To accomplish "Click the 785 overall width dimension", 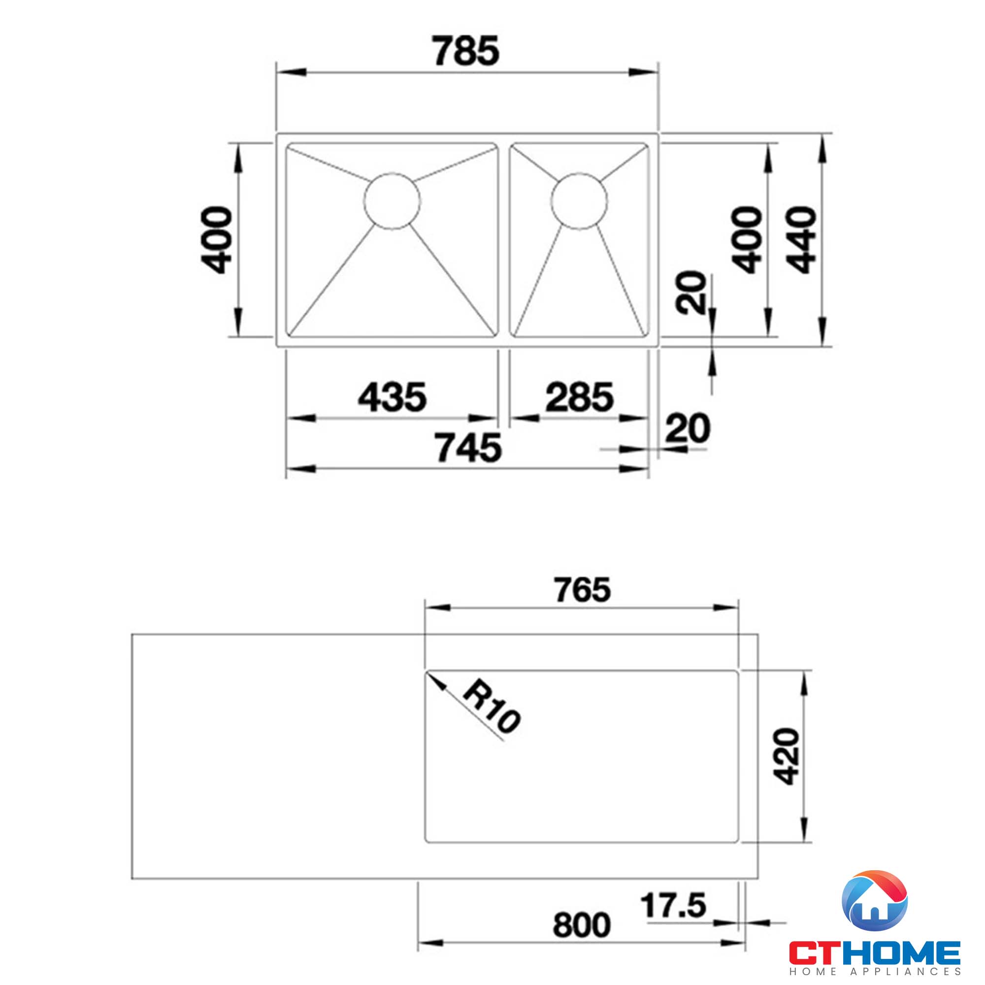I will [466, 51].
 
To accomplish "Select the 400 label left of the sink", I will [216, 240].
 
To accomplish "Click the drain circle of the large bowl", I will [392, 200].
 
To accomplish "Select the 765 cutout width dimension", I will [582, 590].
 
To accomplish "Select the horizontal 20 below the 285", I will [687, 428].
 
